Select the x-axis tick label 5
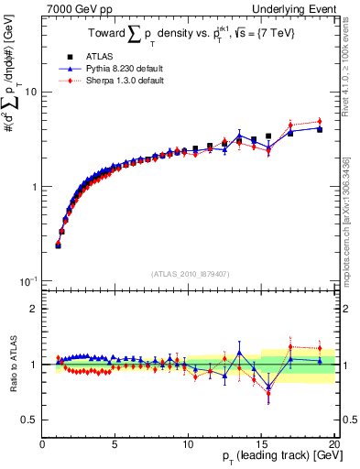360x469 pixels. coord(115,443)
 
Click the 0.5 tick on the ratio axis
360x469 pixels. coord(29,420)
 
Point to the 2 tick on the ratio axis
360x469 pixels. coord(34,309)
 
